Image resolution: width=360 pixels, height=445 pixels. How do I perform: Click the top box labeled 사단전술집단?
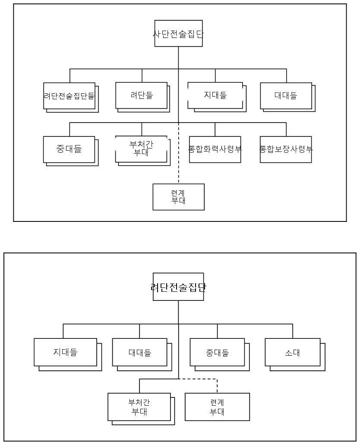(x=178, y=33)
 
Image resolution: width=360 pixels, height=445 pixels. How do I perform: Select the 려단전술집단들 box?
(x=69, y=96)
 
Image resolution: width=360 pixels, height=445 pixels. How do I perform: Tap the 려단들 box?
(x=142, y=95)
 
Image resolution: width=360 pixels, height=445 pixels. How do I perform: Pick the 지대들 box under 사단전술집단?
(x=215, y=95)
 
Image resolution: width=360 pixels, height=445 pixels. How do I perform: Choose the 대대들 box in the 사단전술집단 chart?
(x=286, y=96)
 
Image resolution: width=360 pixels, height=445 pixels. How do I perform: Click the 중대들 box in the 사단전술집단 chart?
(x=69, y=149)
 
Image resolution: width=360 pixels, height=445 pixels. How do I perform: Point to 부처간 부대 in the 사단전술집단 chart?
(x=141, y=149)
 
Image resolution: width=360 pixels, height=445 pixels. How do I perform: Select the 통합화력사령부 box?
(x=215, y=149)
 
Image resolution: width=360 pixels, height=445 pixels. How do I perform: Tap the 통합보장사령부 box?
(x=286, y=149)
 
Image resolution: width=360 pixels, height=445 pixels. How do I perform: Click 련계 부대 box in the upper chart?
(x=178, y=197)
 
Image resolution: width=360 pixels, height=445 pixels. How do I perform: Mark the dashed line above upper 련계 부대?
(x=179, y=153)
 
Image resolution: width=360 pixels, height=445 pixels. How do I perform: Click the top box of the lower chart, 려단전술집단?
(x=178, y=287)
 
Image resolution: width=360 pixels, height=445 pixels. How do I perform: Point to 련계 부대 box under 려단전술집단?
(x=217, y=407)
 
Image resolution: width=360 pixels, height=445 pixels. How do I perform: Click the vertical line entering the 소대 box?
(x=293, y=331)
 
